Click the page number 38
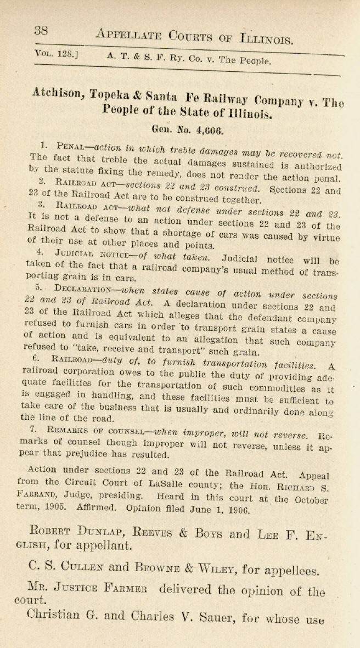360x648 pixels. coord(42,31)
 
